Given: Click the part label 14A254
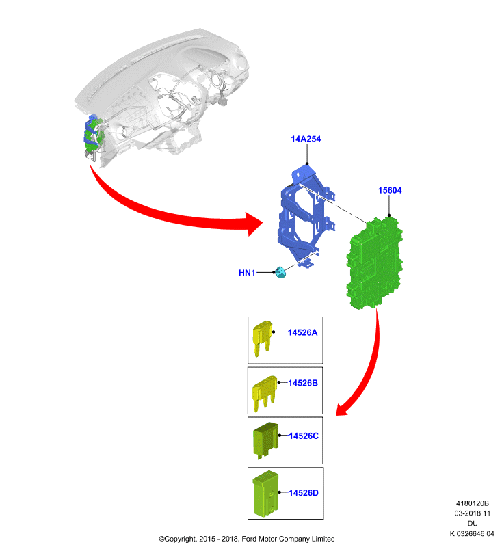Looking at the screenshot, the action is pyautogui.click(x=306, y=139).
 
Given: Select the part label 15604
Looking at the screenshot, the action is pyautogui.click(x=390, y=190).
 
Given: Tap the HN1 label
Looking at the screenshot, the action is pyautogui.click(x=247, y=273).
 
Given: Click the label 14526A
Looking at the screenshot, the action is pyautogui.click(x=302, y=332).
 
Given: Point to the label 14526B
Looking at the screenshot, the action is pyautogui.click(x=303, y=383).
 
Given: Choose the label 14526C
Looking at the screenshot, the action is pyautogui.click(x=304, y=436).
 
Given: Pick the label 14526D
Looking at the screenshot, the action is pyautogui.click(x=304, y=493).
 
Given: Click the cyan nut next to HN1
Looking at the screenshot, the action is pyautogui.click(x=280, y=272).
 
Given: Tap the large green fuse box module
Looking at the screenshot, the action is pyautogui.click(x=374, y=263).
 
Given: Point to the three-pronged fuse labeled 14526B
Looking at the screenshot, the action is pyautogui.click(x=265, y=393).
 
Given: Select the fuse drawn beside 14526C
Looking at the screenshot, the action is pyautogui.click(x=266, y=440).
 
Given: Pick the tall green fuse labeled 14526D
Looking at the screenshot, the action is pyautogui.click(x=266, y=494).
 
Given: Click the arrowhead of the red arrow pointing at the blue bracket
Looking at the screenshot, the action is pyautogui.click(x=253, y=224).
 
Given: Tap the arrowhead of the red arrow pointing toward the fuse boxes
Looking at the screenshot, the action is pyautogui.click(x=343, y=410).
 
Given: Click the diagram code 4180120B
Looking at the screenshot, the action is pyautogui.click(x=473, y=503).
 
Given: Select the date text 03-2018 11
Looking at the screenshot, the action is pyautogui.click(x=473, y=513).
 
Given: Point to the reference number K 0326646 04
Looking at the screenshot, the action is pyautogui.click(x=472, y=534).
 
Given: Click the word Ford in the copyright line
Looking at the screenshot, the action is pyautogui.click(x=249, y=539).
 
